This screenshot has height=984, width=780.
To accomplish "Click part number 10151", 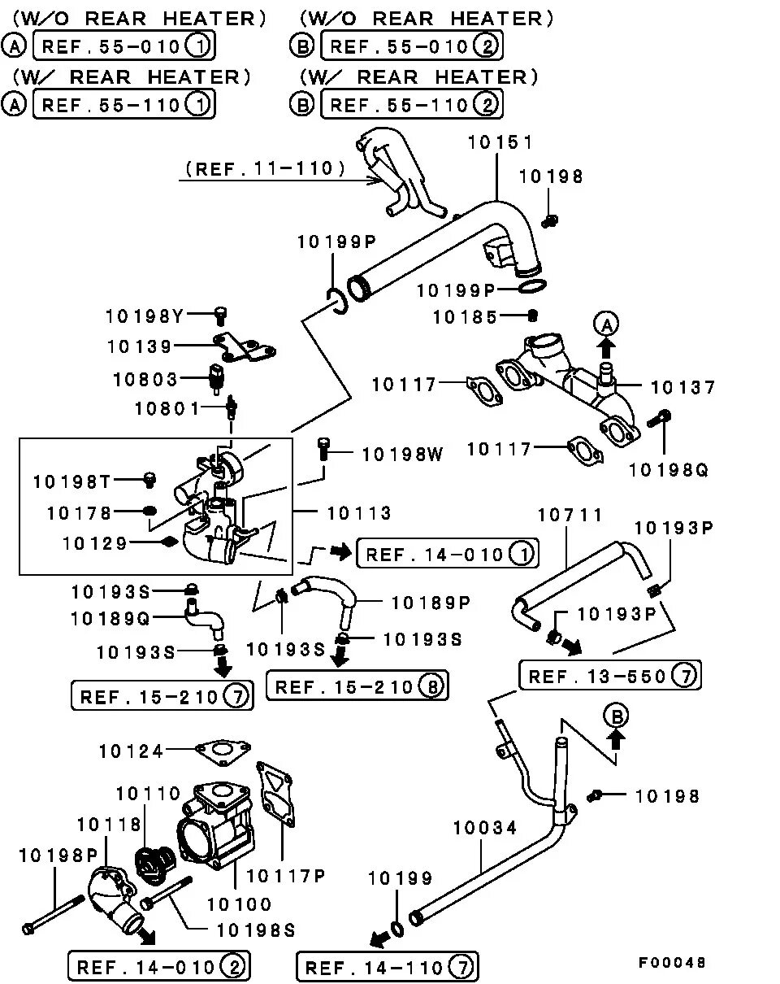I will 500,142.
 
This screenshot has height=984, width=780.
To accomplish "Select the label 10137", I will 683,387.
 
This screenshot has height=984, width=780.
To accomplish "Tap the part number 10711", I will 570,515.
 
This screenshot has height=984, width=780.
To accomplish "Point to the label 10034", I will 484,829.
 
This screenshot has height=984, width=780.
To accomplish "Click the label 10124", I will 131,751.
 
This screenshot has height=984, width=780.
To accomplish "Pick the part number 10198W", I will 402,455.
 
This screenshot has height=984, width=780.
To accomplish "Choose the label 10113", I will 359,513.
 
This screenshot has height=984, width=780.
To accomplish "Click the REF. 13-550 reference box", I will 610,676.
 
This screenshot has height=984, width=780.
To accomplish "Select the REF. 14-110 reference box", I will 387,968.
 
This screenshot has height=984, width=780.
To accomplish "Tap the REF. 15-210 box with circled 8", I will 357,686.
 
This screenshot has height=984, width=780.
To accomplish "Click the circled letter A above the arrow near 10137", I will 606,325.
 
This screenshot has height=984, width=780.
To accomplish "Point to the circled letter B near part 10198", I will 616,716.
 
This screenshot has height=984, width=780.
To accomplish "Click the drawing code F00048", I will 671,963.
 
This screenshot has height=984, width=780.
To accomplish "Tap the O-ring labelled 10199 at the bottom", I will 396,929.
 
